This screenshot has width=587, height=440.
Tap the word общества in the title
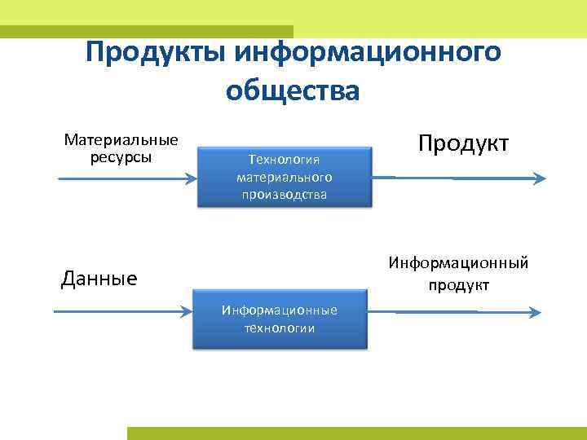(x=293, y=90)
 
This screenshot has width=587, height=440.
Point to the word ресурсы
(x=121, y=156)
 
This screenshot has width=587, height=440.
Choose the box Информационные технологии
(x=280, y=319)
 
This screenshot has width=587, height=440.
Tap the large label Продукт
(x=463, y=143)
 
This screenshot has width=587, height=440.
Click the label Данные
(x=99, y=279)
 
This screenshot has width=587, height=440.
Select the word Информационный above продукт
(x=458, y=263)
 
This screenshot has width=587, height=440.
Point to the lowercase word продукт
(x=458, y=284)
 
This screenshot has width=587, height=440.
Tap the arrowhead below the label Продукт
(x=540, y=178)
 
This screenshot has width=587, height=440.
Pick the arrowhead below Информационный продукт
(x=536, y=311)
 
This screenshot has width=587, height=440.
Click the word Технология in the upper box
(x=284, y=160)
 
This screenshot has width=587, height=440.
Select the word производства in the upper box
(x=284, y=194)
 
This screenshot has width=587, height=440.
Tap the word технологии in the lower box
(x=280, y=328)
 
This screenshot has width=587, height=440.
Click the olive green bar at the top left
(x=147, y=31)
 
